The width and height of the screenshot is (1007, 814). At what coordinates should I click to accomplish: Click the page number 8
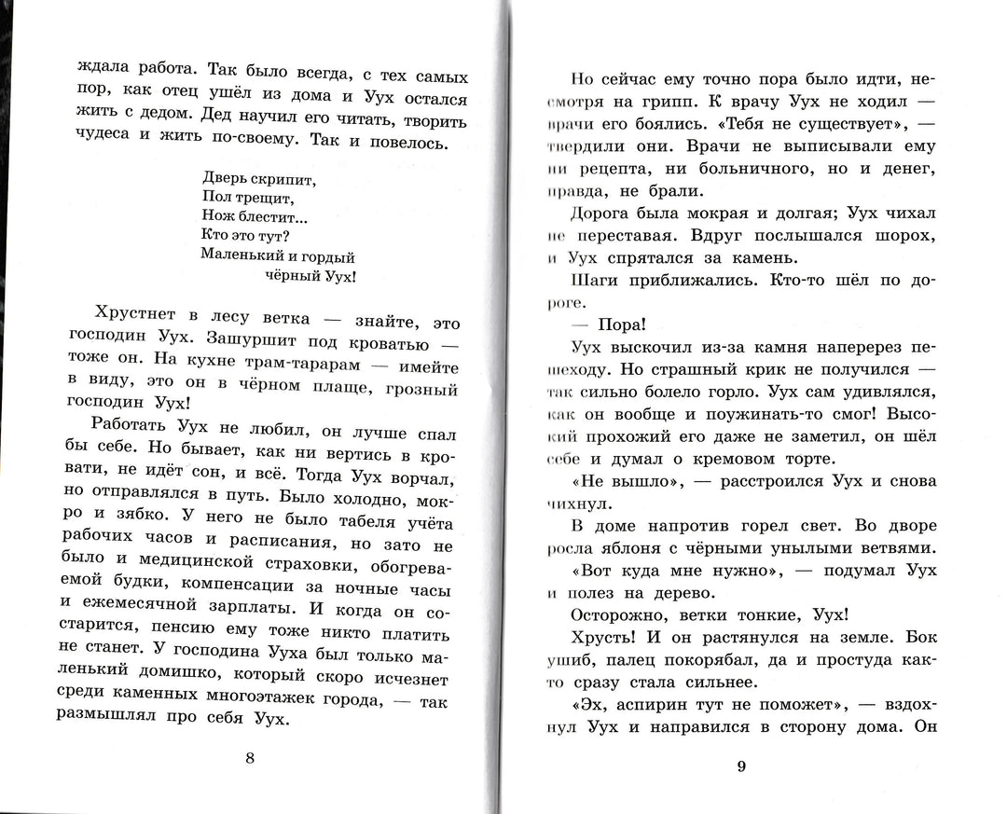[249, 757]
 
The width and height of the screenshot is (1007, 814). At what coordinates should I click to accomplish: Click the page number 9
[741, 766]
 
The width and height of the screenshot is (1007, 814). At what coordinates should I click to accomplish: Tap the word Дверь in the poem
[225, 177]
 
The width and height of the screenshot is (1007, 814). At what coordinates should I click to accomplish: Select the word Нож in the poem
[215, 216]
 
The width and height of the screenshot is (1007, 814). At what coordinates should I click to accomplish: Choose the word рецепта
[616, 168]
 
